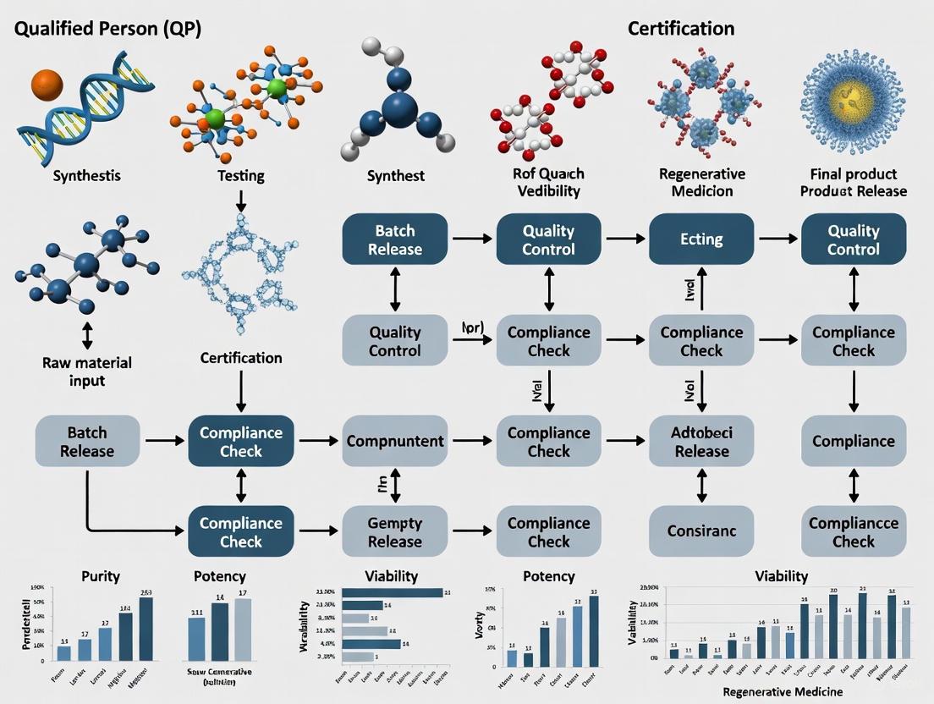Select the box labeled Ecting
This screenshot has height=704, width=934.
(x=701, y=239)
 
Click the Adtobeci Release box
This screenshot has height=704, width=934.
(x=701, y=441)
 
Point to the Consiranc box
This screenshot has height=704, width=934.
(x=701, y=531)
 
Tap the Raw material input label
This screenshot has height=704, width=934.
(x=86, y=371)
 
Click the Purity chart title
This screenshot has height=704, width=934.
(x=100, y=576)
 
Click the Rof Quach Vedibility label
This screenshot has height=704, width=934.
(x=548, y=182)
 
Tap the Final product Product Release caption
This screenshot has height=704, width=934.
(x=854, y=182)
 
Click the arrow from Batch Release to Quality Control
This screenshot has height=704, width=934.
(x=473, y=239)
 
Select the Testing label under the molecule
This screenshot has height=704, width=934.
(x=241, y=176)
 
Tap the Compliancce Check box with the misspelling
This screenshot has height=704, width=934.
(x=853, y=532)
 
